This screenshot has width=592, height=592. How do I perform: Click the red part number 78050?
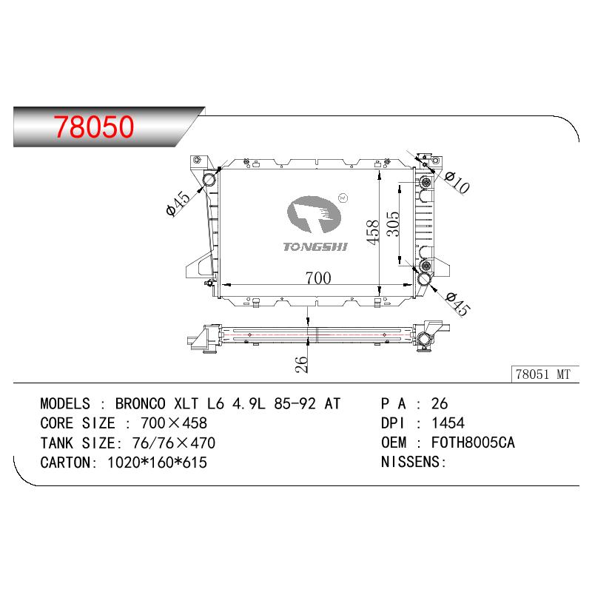pos(94,127)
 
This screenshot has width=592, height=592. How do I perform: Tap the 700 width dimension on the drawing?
pos(318,278)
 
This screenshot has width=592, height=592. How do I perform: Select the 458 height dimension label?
pos(373,232)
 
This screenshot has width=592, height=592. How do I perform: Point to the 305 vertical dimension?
pos(393,223)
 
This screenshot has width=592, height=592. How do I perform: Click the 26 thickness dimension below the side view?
pos(301,364)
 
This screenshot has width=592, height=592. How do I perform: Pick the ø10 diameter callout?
pos(457,182)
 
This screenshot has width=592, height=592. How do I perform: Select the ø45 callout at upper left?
pos(178,203)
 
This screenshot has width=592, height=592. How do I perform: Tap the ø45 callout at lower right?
pos(457,303)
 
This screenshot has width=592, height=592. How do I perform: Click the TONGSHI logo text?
pos(315,247)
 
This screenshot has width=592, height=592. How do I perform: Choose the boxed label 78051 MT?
pos(543,374)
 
